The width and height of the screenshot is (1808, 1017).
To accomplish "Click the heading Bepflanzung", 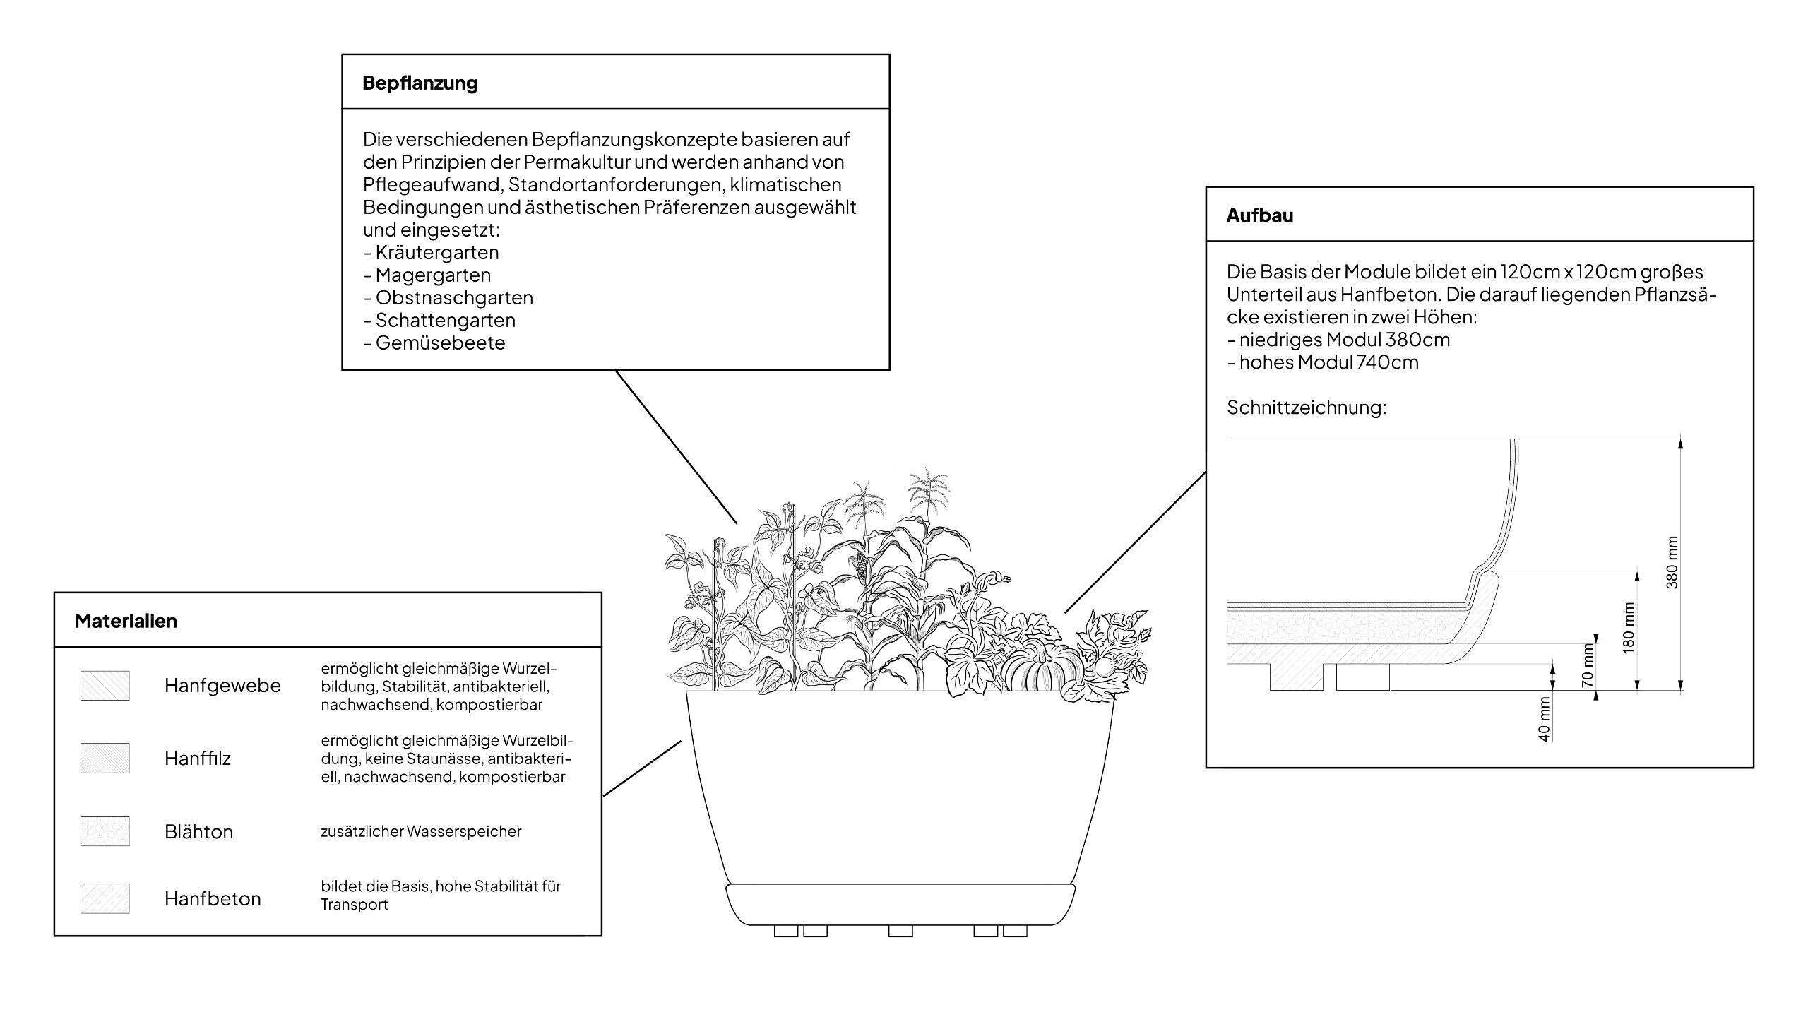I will [420, 83].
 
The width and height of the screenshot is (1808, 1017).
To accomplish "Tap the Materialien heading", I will [126, 621].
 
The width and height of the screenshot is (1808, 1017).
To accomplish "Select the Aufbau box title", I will [1259, 215].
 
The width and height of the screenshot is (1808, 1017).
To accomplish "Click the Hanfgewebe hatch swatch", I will [105, 686].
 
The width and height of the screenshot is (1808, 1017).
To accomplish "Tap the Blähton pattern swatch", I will [105, 832].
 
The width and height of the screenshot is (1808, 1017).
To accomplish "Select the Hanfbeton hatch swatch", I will [105, 899].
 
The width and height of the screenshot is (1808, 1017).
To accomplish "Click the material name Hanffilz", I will [198, 759].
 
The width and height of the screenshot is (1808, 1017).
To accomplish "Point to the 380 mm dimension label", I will [1672, 563].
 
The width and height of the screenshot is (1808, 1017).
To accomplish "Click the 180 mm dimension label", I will [1629, 628].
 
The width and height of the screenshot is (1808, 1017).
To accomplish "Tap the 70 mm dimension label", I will [1588, 665].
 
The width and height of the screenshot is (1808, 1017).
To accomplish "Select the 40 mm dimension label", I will [1544, 719].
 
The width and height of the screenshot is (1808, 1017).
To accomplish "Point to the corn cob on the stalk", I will [862, 566].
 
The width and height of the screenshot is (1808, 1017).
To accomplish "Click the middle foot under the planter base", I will [900, 932].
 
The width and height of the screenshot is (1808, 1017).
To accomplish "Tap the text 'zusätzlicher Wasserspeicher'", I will [421, 832].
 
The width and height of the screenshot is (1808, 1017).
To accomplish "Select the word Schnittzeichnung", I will [1307, 408].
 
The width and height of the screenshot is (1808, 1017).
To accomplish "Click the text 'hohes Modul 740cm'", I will [1328, 362].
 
